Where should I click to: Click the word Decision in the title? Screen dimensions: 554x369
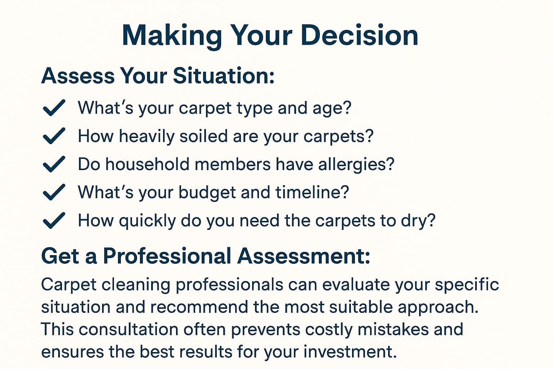pyautogui.click(x=359, y=35)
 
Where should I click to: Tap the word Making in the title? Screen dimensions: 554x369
pyautogui.click(x=172, y=37)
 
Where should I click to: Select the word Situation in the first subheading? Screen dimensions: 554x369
pyautogui.click(x=224, y=76)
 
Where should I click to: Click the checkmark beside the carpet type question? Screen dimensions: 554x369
pyautogui.click(x=54, y=108)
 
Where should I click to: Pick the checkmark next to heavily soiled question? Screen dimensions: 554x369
pyautogui.click(x=54, y=136)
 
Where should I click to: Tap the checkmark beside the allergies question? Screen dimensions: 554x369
pyautogui.click(x=54, y=164)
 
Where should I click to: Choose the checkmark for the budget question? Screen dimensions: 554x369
pyautogui.click(x=54, y=192)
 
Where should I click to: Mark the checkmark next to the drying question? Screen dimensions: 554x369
pyautogui.click(x=54, y=221)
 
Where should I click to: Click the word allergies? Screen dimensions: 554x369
pyautogui.click(x=356, y=165)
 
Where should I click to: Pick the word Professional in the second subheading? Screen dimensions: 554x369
pyautogui.click(x=167, y=256)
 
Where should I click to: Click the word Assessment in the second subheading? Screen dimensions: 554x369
pyautogui.click(x=304, y=256)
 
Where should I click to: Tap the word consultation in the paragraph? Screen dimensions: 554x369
pyautogui.click(x=129, y=329)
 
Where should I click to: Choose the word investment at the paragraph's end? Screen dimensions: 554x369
pyautogui.click(x=350, y=352)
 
